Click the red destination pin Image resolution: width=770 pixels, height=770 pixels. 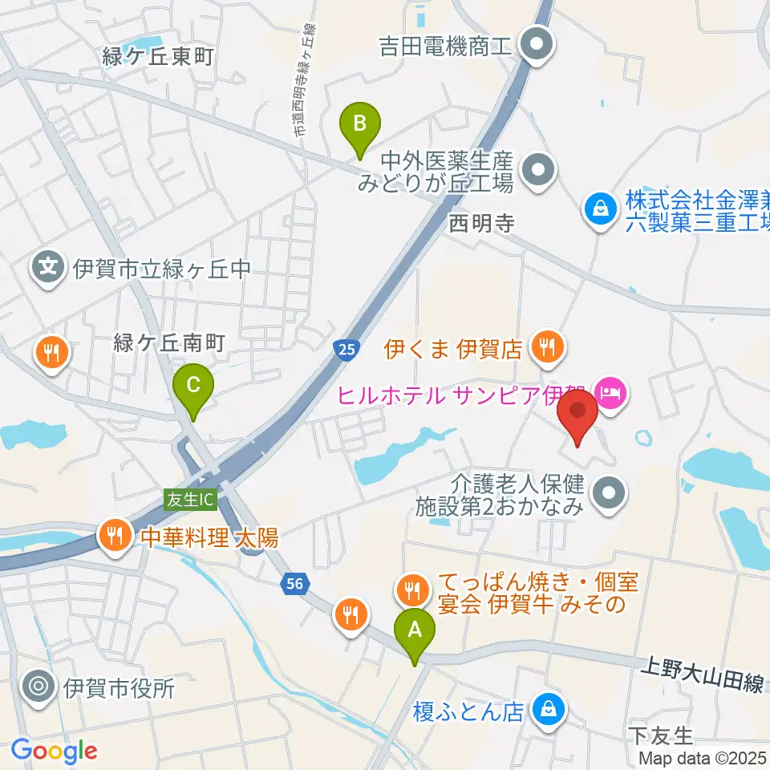pos(577,413)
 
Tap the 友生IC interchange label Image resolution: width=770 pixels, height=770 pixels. pos(190,499)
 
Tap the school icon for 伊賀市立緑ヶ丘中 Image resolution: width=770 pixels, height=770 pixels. pos(50,267)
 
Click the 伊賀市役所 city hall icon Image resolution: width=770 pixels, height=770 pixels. pos(38,687)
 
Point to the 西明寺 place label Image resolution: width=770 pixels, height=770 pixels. pos(481,222)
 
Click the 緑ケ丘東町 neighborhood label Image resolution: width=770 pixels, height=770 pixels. pos(157,58)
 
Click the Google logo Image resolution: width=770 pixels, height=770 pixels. pos(55,751)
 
